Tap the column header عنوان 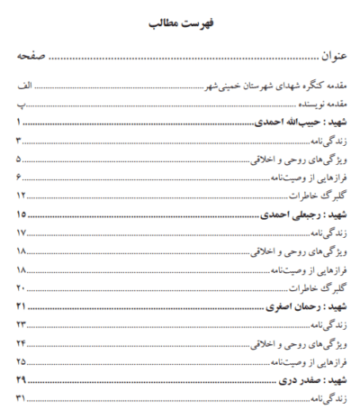[x=320, y=59]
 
